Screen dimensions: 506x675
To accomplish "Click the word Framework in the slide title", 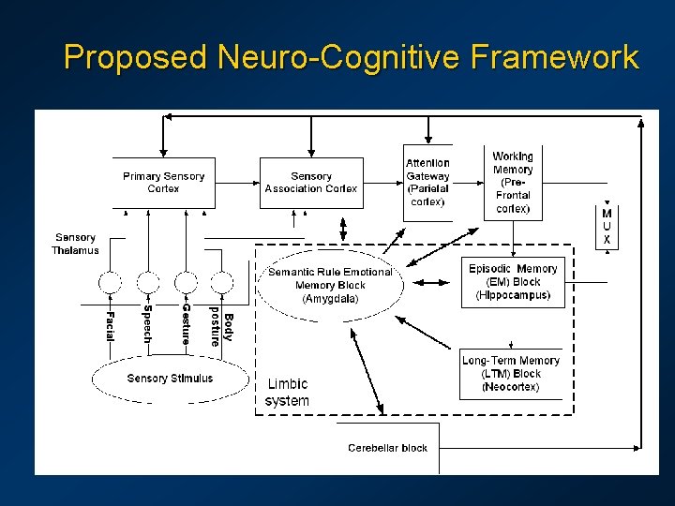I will (557, 58).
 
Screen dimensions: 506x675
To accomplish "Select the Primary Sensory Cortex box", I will (163, 182).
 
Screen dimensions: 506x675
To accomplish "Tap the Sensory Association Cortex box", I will (311, 182).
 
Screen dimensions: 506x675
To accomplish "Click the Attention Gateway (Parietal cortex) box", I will (427, 182).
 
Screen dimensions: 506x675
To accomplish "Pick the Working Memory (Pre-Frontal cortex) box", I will (513, 182).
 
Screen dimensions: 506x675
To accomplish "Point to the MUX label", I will (607, 227).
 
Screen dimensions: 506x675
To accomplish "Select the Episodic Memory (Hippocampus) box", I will (513, 282).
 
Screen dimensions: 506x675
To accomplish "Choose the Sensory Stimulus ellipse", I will (170, 379).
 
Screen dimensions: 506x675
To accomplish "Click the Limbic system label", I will (287, 393).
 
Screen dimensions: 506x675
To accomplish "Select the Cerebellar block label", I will (387, 448).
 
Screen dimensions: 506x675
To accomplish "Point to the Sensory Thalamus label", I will (75, 244).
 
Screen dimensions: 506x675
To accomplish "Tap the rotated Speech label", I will (148, 324).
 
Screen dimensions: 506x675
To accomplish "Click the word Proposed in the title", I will (135, 58).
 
